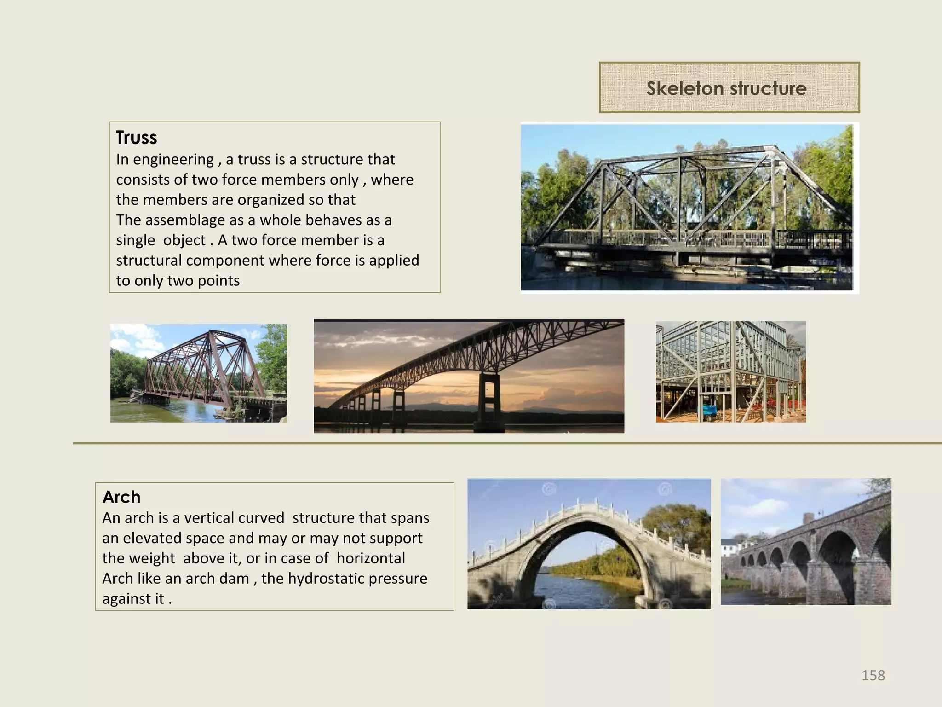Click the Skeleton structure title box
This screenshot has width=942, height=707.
pos(729,87)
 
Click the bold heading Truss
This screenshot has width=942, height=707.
pos(136,138)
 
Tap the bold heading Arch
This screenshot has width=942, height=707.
pos(121,497)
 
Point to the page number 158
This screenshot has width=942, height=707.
pos(873,675)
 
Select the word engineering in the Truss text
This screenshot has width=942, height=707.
pos(173,160)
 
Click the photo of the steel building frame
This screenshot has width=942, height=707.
pos(730,371)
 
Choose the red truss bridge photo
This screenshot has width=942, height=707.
pos(199,373)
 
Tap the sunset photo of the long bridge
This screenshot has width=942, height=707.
pos(469,376)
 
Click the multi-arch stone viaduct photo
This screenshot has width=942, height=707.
pos(805,542)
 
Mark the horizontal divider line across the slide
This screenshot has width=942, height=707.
pos(506,443)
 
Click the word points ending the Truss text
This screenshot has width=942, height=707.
pos(218,281)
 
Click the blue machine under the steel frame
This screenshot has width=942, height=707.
pos(709,412)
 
